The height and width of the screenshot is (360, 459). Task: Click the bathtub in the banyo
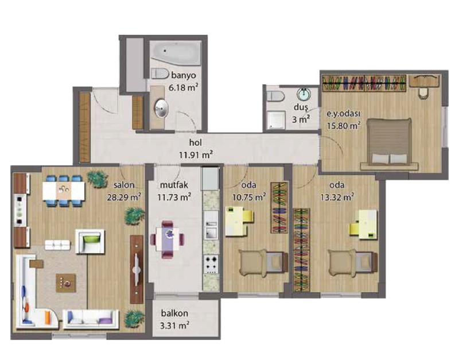pyautogui.click(x=176, y=53)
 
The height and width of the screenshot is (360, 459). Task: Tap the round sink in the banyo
pyautogui.click(x=161, y=109)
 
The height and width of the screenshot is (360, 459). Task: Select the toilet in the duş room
pyautogui.click(x=275, y=96)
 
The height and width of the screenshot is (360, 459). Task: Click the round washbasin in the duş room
pyautogui.click(x=304, y=95)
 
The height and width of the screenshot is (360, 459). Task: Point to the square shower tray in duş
pyautogui.click(x=275, y=120)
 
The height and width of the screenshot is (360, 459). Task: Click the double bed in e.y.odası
pyautogui.click(x=390, y=144)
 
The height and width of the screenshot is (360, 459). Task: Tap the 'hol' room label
pyautogui.click(x=196, y=142)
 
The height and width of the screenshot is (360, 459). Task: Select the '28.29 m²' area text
pyautogui.click(x=124, y=197)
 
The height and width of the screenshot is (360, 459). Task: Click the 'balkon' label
pyautogui.click(x=174, y=313)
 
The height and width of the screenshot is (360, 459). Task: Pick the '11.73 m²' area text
pyautogui.click(x=174, y=197)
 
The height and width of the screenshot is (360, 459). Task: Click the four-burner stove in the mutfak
pyautogui.click(x=211, y=265)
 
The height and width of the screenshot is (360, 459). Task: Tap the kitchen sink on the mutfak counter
pyautogui.click(x=211, y=229)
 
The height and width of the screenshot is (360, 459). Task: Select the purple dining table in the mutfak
pyautogui.click(x=168, y=239)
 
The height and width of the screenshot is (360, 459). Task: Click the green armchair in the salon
pyautogui.click(x=90, y=241)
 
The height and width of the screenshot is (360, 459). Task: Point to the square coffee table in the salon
pyautogui.click(x=66, y=283)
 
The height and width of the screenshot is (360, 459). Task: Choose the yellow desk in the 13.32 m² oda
pyautogui.click(x=363, y=224)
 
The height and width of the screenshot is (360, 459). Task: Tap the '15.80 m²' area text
pyautogui.click(x=343, y=126)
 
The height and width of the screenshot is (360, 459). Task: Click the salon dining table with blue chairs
pyautogui.click(x=64, y=191)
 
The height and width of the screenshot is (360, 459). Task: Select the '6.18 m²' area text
pyautogui.click(x=183, y=87)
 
